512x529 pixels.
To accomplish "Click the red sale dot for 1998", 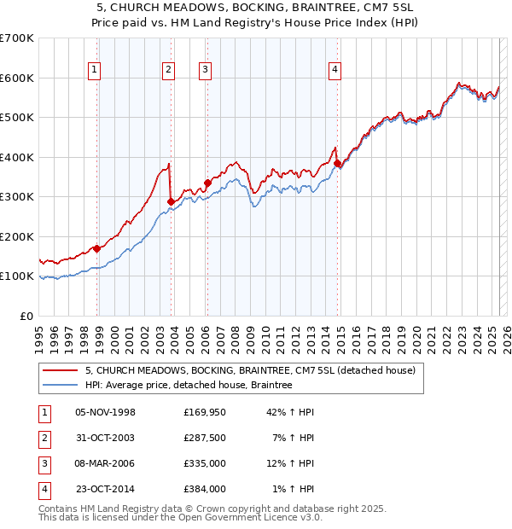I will [x=97, y=248].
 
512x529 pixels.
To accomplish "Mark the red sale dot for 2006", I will [x=207, y=183].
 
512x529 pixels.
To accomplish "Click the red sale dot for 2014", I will [x=337, y=163].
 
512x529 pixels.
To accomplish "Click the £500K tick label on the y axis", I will [x=16, y=117].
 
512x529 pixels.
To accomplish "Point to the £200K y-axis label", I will [x=16, y=236].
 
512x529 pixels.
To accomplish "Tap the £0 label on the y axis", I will [x=26, y=316].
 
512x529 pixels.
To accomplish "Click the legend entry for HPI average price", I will [x=189, y=386].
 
